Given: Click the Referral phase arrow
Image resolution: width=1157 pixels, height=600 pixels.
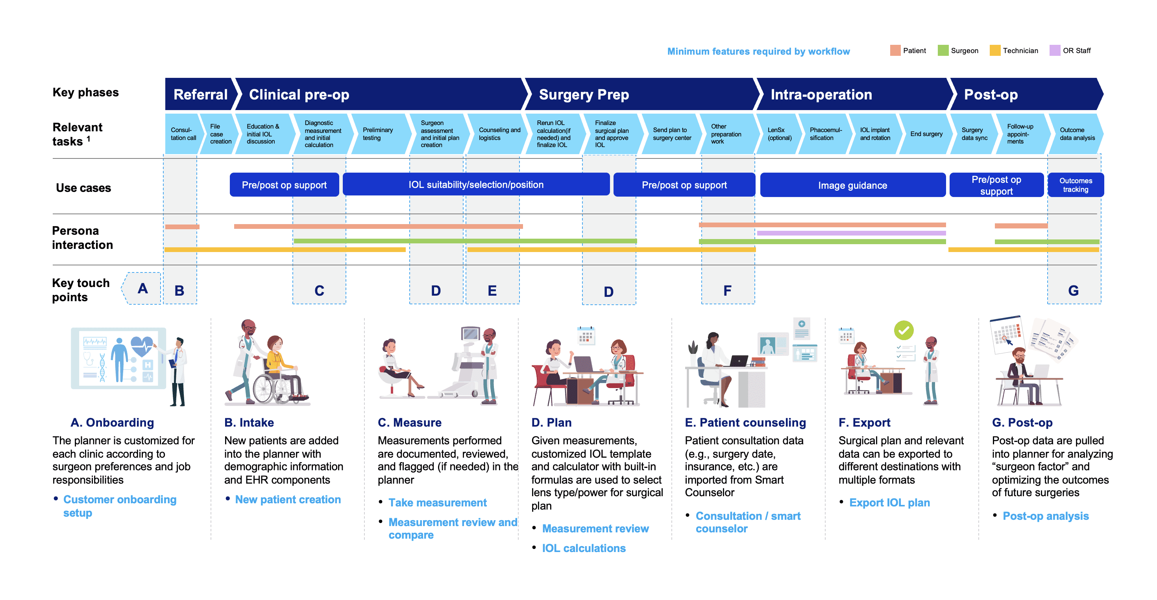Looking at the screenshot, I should tap(200, 94).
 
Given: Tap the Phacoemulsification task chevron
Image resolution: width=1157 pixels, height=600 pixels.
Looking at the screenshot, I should tap(825, 134).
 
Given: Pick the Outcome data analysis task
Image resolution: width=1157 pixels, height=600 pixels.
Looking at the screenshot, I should tap(1076, 134).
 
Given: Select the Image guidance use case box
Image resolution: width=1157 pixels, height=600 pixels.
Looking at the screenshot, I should tap(852, 185).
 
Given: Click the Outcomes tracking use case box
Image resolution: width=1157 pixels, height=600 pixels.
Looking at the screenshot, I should tap(1075, 185).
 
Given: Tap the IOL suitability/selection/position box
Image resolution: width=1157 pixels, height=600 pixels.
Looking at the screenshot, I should tap(476, 184).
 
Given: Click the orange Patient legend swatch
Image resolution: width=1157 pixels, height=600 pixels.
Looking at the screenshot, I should tap(895, 50).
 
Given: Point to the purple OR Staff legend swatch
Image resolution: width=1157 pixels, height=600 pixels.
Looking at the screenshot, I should tap(1055, 50).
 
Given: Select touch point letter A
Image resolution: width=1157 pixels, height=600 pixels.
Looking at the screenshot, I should tap(142, 288).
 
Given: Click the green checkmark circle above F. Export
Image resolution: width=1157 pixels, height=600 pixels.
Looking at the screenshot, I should tap(903, 330).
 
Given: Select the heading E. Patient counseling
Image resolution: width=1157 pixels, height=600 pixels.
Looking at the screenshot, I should tap(745, 422).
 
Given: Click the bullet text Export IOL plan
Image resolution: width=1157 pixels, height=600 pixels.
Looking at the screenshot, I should tap(889, 502).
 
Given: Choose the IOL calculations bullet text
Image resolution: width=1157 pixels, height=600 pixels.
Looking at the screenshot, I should tap(584, 548).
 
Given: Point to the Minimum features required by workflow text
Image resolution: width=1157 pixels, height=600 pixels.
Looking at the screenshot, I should tap(758, 51).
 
